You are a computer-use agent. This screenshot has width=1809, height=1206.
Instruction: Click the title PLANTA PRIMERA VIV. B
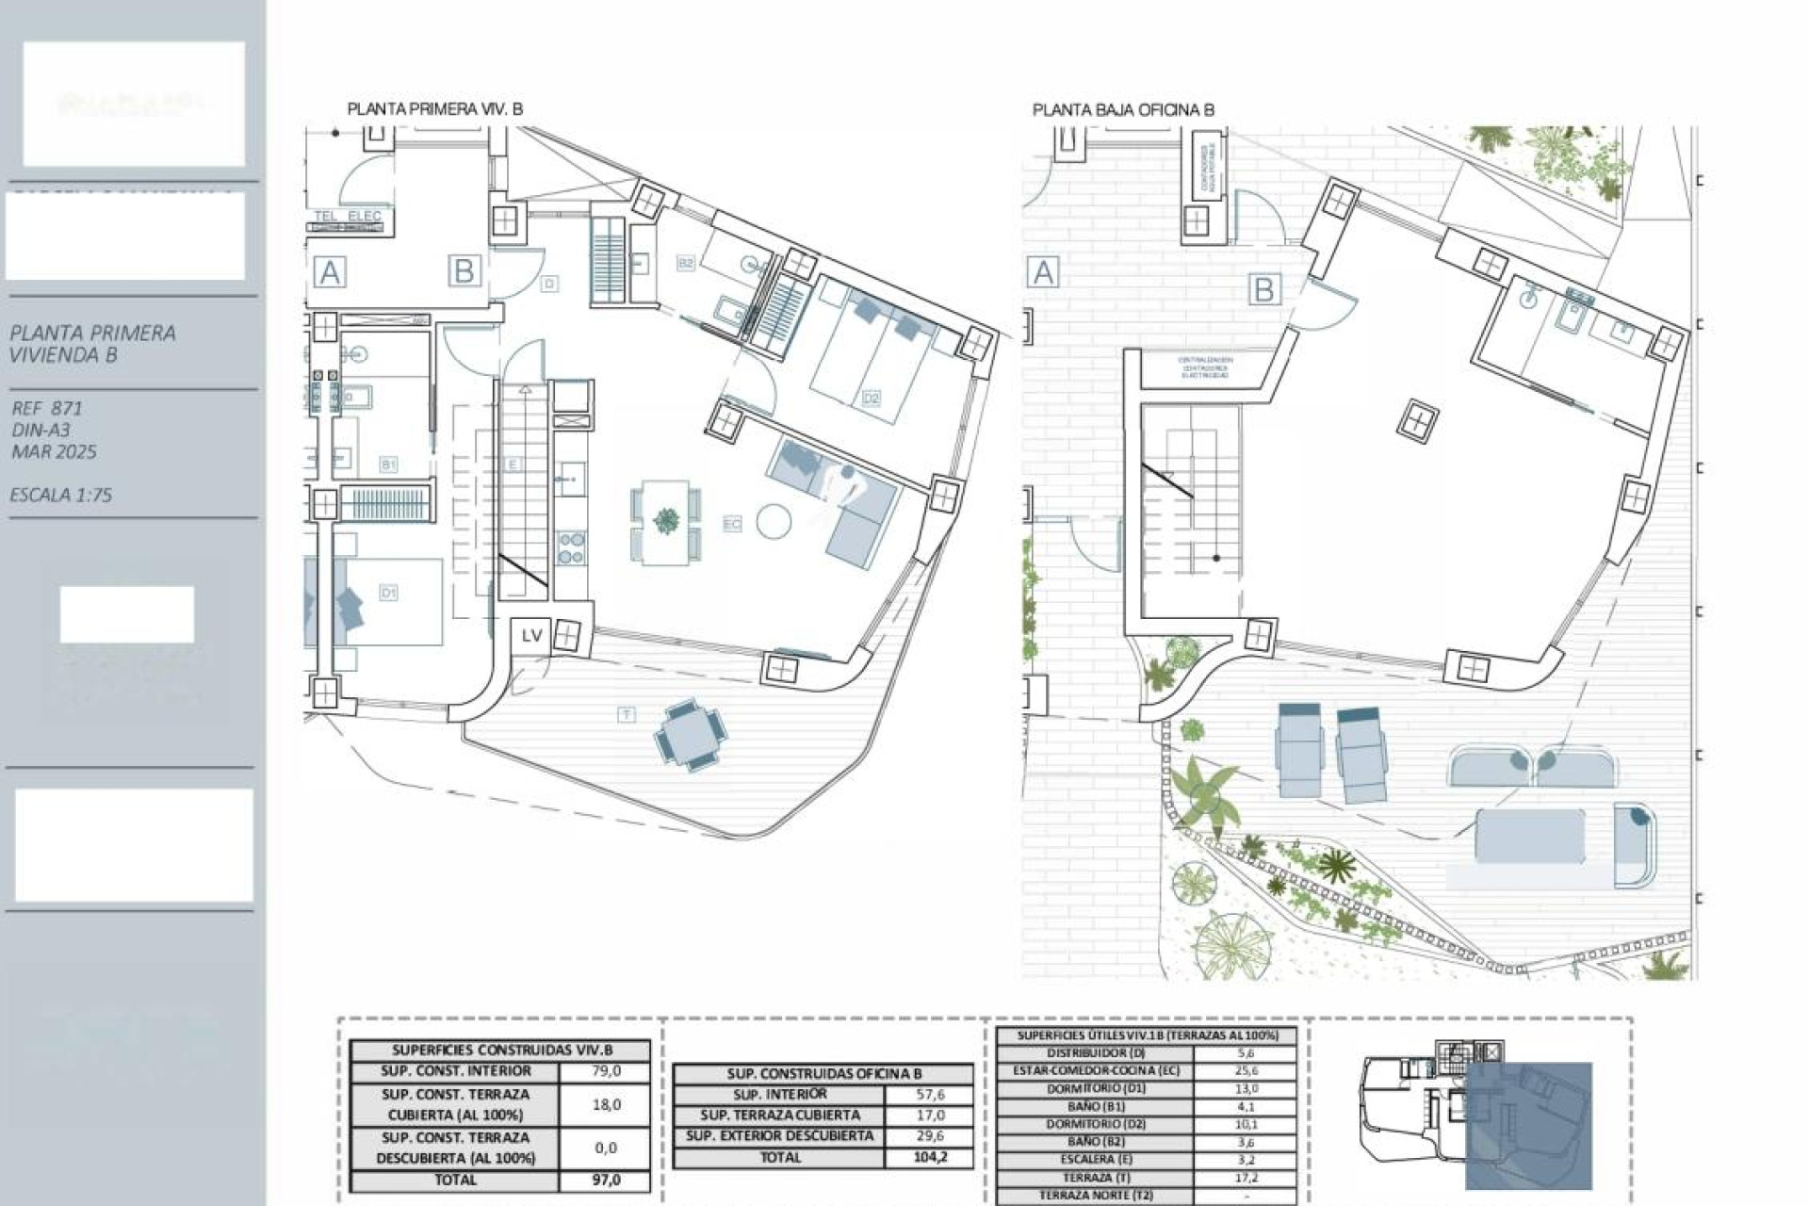point(434,109)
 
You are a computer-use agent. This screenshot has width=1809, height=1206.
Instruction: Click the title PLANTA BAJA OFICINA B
point(1123,110)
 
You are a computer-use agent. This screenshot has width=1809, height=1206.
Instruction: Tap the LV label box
point(531,636)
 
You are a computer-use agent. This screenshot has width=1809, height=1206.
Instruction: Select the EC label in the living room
point(732,524)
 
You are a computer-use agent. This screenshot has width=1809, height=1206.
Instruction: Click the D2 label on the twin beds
point(871,399)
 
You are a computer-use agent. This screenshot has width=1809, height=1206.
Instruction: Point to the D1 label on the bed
point(388,593)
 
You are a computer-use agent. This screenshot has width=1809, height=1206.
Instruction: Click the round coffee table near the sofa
point(774,521)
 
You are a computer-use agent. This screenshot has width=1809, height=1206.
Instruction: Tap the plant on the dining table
point(666,520)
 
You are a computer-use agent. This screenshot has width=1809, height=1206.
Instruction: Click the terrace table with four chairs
point(691,735)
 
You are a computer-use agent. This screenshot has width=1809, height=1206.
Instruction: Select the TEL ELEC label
point(348,216)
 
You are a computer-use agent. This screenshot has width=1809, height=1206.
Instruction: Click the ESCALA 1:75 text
point(61,495)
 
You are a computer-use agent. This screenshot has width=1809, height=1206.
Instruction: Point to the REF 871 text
point(47,408)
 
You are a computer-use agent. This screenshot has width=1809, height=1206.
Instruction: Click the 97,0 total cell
point(606,1180)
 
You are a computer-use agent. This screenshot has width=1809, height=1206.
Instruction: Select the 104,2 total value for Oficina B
point(929,1157)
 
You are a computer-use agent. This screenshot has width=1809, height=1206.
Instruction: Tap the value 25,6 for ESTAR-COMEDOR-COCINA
point(1246,1071)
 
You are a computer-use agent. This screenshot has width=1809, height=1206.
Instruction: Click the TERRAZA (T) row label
point(1094,1178)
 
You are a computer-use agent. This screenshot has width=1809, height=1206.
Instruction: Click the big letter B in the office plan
point(1263,289)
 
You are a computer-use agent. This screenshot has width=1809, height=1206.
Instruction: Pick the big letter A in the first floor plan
point(329,273)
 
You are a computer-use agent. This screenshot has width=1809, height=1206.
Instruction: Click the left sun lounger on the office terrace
point(1300,751)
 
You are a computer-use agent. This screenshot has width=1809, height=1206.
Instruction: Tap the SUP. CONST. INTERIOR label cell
point(455,1071)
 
